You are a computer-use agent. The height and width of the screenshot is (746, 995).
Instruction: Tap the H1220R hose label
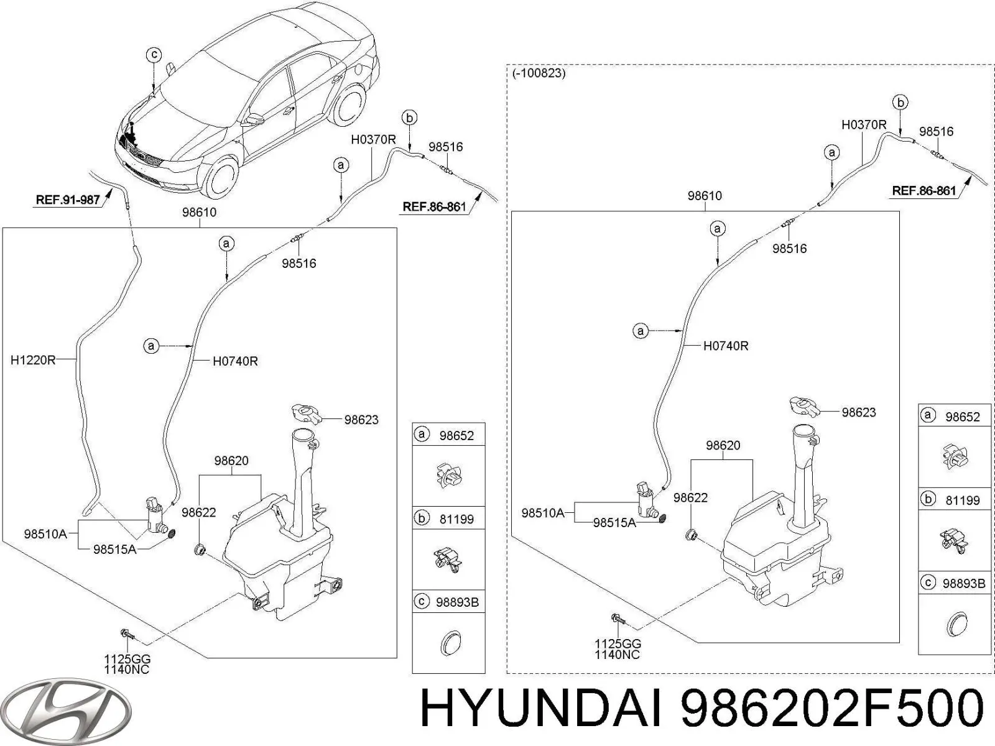33,359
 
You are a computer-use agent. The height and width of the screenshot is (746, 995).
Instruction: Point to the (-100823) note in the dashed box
539,73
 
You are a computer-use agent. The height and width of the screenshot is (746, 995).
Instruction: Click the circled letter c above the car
154,55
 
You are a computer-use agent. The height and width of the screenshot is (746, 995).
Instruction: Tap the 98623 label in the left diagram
361,420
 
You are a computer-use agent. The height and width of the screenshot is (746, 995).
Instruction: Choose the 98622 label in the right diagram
690,497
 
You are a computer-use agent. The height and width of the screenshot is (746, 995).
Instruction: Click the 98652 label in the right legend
962,417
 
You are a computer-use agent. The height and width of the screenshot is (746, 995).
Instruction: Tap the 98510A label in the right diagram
542,513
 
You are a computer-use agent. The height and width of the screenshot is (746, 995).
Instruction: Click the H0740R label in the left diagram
235,361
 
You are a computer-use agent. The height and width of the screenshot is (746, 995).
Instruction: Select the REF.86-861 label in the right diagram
923,191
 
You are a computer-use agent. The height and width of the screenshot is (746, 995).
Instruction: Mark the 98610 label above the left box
199,212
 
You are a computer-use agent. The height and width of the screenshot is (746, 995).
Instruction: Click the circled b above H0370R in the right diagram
900,102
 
